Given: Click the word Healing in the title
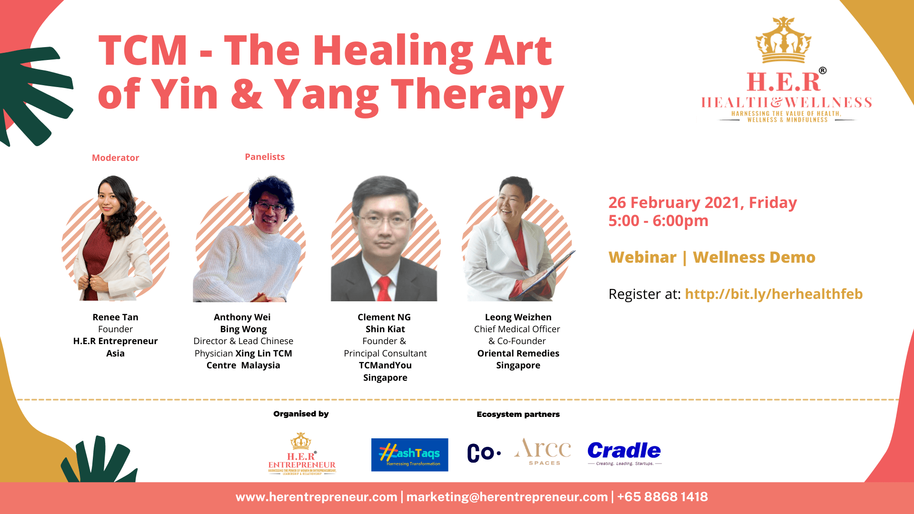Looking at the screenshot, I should pyautogui.click(x=392, y=51).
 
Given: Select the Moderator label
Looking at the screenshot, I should pyautogui.click(x=115, y=158).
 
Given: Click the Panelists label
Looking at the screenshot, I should pyautogui.click(x=265, y=157).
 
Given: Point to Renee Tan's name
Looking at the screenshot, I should pyautogui.click(x=115, y=317).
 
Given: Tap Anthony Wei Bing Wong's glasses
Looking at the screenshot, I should pyautogui.click(x=271, y=208).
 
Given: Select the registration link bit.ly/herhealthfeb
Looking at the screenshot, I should pyautogui.click(x=774, y=294).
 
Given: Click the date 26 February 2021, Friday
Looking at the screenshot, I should pyautogui.click(x=702, y=202).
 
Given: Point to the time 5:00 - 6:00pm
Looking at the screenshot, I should pyautogui.click(x=658, y=221).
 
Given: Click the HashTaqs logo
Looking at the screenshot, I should pyautogui.click(x=409, y=455).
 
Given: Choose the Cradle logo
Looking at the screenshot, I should pyautogui.click(x=624, y=453).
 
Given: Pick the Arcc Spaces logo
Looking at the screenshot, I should pyautogui.click(x=543, y=451).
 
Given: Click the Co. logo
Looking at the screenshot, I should pyautogui.click(x=483, y=453).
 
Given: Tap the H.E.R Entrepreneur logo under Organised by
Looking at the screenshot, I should pyautogui.click(x=302, y=455).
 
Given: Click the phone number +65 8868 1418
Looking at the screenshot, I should pyautogui.click(x=662, y=497).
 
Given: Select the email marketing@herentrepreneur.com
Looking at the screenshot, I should pyautogui.click(x=507, y=497).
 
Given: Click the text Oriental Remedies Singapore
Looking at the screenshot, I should pyautogui.click(x=518, y=359).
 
